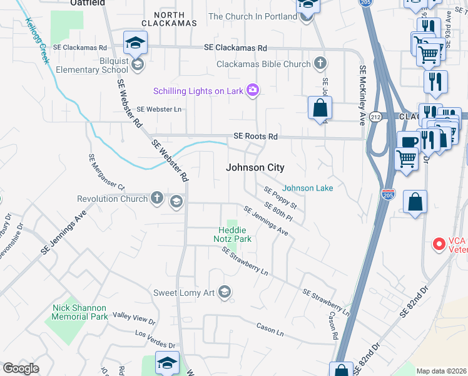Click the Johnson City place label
(255, 168)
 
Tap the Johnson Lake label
(307, 188)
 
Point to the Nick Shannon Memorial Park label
(79, 312)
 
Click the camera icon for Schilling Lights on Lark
(253, 91)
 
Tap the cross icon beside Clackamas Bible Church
(320, 64)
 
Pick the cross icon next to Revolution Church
(156, 199)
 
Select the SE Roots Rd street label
(255, 136)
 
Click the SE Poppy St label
(280, 197)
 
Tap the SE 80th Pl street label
(278, 211)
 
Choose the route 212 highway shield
(375, 117)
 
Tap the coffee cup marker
(409, 142)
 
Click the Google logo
(21, 368)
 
